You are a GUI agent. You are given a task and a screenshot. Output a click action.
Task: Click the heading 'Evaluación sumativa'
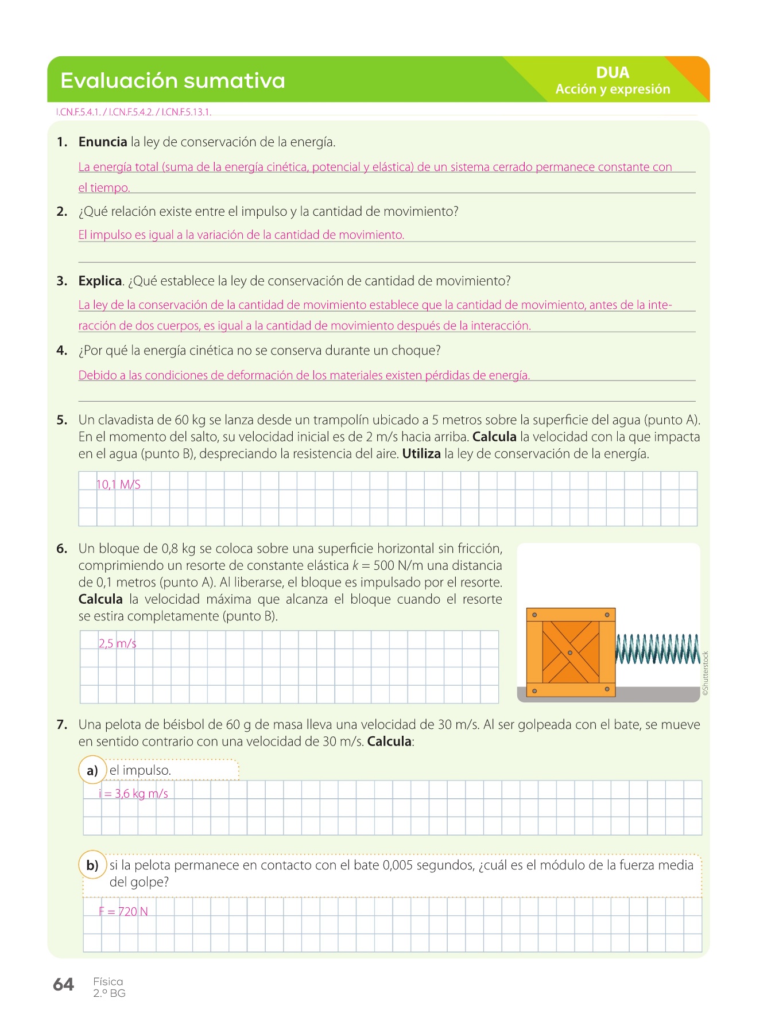point(172,80)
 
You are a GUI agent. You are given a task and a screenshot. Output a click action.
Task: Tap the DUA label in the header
point(613,72)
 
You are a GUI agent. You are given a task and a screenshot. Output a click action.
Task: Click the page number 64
point(63,984)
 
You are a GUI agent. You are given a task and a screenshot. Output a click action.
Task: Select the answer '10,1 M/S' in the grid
point(118,484)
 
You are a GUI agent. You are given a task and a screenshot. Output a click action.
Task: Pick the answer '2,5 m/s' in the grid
point(117,643)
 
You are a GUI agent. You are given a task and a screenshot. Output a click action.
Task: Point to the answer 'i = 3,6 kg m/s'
point(133,794)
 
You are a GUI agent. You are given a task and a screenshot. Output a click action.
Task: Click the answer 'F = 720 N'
point(123,911)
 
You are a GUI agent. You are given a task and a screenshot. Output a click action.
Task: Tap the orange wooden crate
point(571,653)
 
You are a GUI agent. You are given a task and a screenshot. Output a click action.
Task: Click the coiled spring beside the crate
point(657,649)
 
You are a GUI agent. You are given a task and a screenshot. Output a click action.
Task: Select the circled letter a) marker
point(92,770)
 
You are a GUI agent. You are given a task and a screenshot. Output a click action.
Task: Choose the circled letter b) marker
point(92,865)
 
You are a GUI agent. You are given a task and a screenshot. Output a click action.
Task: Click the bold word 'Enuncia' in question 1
point(103,142)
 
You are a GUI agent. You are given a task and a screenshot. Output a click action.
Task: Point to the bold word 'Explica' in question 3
point(100,281)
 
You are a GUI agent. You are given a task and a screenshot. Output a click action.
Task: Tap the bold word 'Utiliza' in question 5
point(421,454)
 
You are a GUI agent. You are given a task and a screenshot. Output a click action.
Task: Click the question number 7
point(62,724)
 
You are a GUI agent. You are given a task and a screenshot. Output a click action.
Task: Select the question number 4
point(62,351)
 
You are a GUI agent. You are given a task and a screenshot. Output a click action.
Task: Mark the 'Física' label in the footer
point(108,981)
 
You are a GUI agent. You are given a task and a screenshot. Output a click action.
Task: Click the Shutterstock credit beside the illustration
point(706,673)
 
